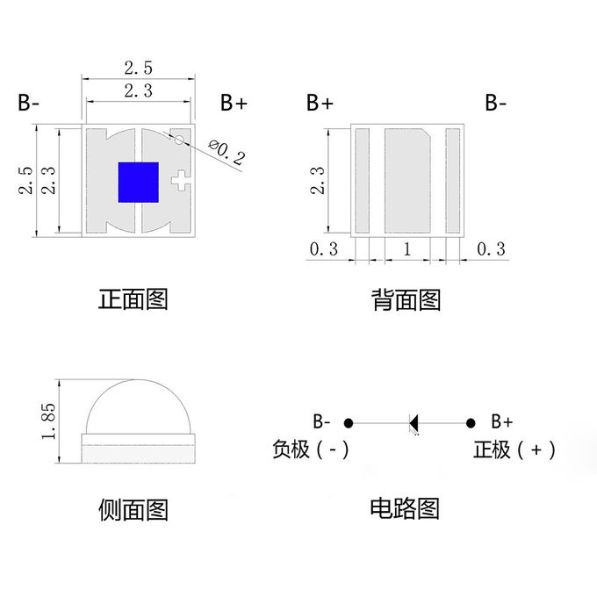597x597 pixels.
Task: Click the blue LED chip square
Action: point(138,182)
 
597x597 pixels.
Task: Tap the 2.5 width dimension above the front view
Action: point(138,68)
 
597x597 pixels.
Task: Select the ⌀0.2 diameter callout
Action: point(228,155)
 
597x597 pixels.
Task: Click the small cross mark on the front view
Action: point(180,181)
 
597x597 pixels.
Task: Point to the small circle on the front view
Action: point(179,139)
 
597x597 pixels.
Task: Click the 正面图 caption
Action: point(133,299)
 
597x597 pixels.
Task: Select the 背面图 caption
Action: point(406,300)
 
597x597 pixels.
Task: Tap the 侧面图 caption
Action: point(133,509)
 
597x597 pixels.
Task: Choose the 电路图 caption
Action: point(405,508)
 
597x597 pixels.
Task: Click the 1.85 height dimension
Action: point(49,422)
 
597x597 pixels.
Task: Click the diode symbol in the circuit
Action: point(414,423)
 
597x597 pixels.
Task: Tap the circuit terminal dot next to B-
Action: point(349,423)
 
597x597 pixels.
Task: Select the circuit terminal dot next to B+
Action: point(471,423)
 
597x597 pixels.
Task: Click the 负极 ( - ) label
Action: point(311,450)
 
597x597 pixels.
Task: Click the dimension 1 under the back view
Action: point(406,248)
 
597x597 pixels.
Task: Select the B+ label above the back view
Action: point(320,103)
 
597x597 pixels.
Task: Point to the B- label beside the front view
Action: point(29,103)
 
